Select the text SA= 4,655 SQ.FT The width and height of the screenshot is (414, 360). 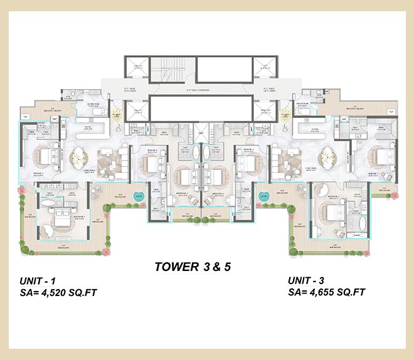click(327, 292)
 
